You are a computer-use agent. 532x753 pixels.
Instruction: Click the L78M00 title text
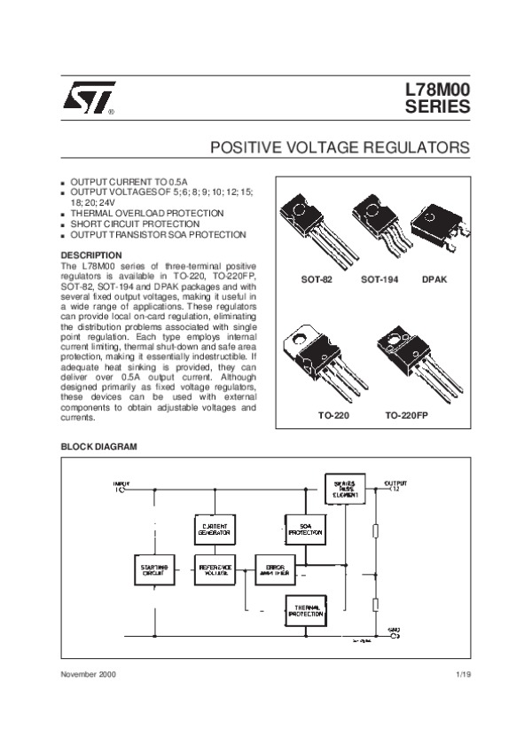[438, 90]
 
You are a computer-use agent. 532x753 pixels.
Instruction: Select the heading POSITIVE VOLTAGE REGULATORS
[340, 145]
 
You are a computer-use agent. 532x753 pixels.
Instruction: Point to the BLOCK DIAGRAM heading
[98, 446]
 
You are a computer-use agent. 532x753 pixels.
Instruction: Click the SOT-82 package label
[316, 279]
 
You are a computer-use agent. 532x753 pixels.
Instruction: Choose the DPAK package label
[434, 279]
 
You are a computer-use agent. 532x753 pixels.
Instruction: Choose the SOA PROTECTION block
[305, 530]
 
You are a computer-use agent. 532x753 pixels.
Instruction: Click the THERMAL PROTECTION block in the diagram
[305, 609]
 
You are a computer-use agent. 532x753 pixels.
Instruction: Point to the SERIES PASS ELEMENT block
[345, 489]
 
